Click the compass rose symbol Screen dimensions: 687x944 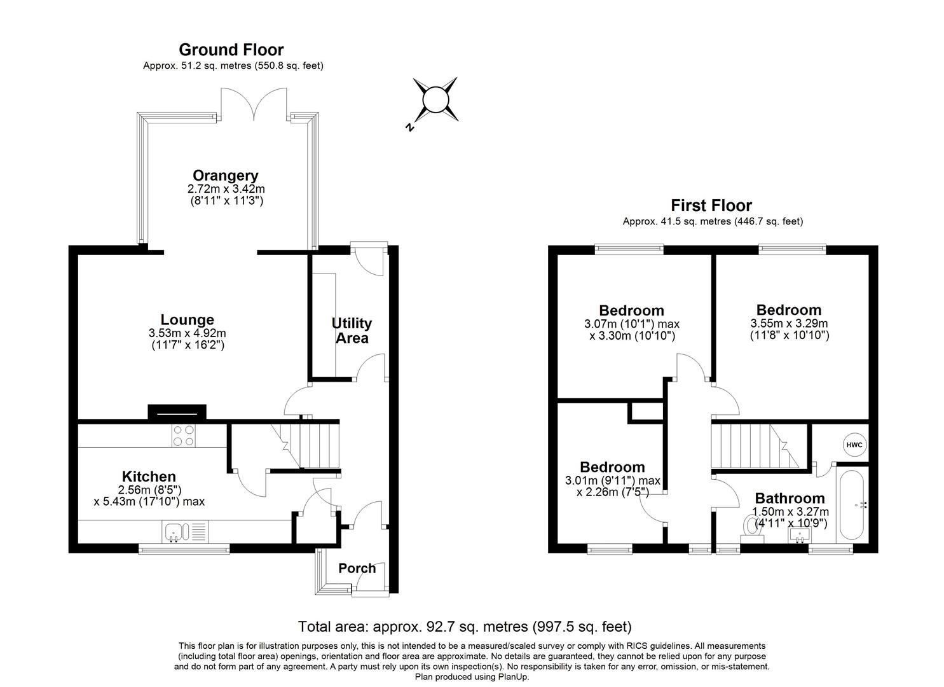tap(435, 100)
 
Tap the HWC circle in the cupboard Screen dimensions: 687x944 tap(854, 445)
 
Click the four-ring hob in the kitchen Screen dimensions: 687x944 tap(184, 435)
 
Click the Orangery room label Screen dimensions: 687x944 tap(226, 176)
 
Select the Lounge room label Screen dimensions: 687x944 tap(187, 320)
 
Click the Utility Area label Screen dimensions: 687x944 tap(352, 331)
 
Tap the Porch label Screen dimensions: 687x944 tap(357, 568)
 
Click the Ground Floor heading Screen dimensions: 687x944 tap(231, 50)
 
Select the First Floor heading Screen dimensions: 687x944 tap(711, 205)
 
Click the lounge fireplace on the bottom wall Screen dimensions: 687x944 tap(177, 413)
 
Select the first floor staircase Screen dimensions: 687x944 tap(753, 447)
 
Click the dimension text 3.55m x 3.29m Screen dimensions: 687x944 tap(789, 323)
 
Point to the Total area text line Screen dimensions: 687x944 tap(465, 627)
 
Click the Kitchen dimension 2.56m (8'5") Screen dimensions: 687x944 tap(150, 490)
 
